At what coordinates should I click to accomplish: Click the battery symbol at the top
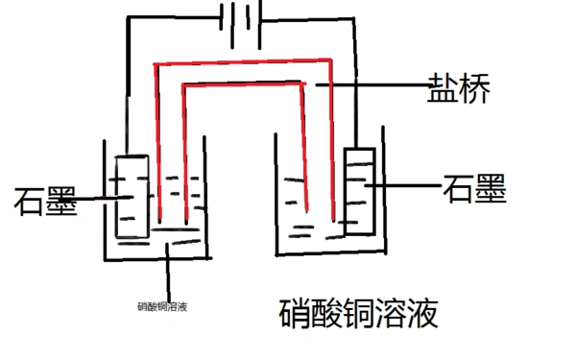(240, 18)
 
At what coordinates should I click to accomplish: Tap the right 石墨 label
(474, 189)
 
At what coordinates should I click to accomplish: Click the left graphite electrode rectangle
(131, 196)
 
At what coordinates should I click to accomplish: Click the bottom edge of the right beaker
(331, 255)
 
